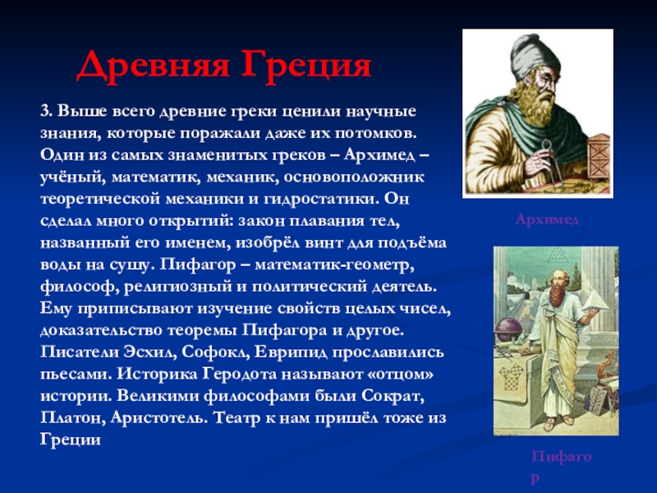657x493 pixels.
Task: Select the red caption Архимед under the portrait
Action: click(x=548, y=219)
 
